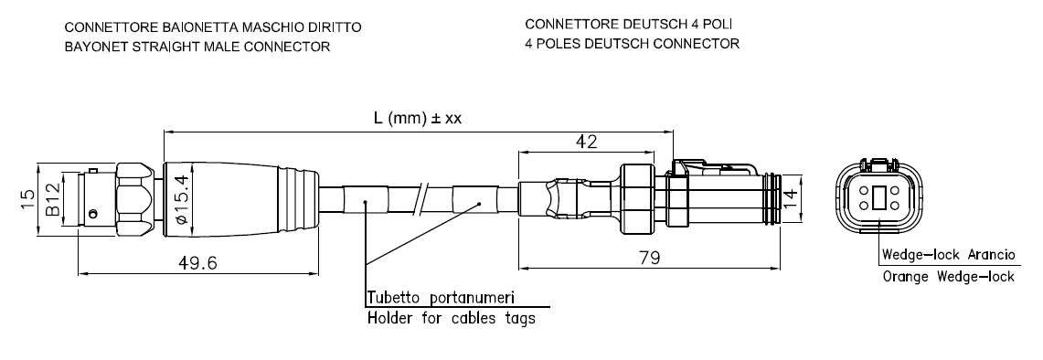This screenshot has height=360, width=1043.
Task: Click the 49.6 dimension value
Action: [x=199, y=263]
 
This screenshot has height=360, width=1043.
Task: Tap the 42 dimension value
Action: [x=587, y=141]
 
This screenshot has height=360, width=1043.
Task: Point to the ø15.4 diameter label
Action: [x=184, y=199]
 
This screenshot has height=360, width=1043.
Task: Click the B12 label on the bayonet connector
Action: [x=53, y=198]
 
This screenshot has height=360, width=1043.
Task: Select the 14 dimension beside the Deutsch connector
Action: [x=790, y=199]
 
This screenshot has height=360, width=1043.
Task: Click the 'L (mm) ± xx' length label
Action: [x=418, y=119]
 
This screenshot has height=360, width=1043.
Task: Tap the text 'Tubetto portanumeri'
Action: [x=442, y=297]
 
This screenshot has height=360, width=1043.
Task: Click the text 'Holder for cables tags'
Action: [x=452, y=318]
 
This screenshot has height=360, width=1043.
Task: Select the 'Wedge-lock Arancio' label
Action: [x=949, y=255]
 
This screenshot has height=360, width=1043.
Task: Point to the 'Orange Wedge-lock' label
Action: [x=949, y=277]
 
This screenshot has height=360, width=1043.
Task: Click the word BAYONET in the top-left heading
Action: [x=91, y=47]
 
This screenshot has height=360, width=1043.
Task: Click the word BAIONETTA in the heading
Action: [x=193, y=27]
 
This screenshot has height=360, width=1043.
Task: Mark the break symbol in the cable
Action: [x=420, y=199]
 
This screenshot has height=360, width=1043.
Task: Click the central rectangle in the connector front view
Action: [x=878, y=198]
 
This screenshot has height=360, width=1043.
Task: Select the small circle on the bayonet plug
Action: [x=94, y=214]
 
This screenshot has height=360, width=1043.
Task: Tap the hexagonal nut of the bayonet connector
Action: [x=139, y=199]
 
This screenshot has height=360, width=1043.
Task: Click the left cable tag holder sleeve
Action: [x=365, y=199]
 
